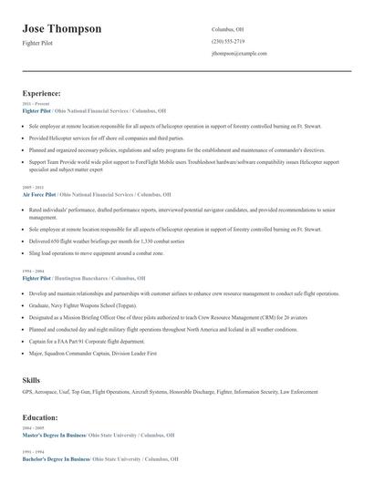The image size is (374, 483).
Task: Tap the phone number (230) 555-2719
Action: (x=227, y=41)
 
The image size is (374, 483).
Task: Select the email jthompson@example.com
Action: (x=239, y=54)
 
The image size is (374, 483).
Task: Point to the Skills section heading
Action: (x=32, y=378)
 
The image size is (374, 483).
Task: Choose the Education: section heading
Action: (x=40, y=416)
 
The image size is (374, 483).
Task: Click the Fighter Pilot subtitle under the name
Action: (x=38, y=43)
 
